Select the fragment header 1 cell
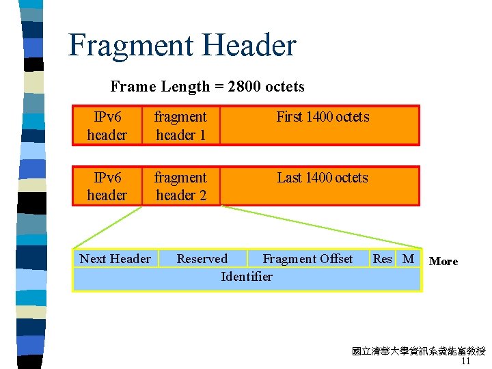pos(180,126)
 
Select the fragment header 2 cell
pos(180,186)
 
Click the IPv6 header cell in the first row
pos(107,126)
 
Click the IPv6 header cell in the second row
pos(107,186)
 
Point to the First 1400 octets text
pos(323,117)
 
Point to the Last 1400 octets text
pos(323,178)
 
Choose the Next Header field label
pos(115,258)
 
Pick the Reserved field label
pos(202,258)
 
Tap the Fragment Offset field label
pos(307,258)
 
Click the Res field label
pos(383,258)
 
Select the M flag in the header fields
pos(409,258)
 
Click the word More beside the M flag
pos(443,261)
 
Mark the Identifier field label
pos(247,276)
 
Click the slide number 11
pos(466,361)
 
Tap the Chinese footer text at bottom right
pos(418,352)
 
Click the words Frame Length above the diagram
pos(160,87)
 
